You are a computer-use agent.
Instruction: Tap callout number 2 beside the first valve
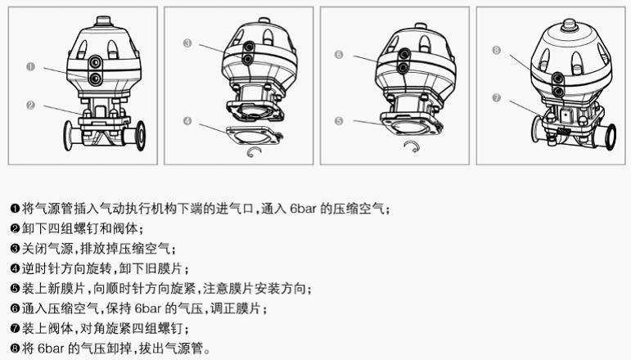click(30, 105)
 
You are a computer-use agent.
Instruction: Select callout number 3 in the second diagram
click(187, 43)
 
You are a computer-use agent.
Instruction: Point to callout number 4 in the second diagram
click(187, 121)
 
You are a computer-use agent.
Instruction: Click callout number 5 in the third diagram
click(338, 120)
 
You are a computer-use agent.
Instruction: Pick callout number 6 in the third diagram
click(338, 55)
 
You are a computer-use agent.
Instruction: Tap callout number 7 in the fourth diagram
click(497, 97)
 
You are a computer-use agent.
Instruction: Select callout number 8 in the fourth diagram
click(497, 50)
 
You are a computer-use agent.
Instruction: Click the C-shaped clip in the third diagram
click(412, 146)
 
